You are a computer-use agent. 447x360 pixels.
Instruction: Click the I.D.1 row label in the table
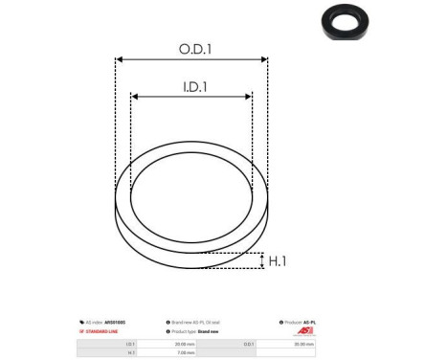[130, 341]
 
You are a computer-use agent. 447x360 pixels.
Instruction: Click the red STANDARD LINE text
[103, 331]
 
